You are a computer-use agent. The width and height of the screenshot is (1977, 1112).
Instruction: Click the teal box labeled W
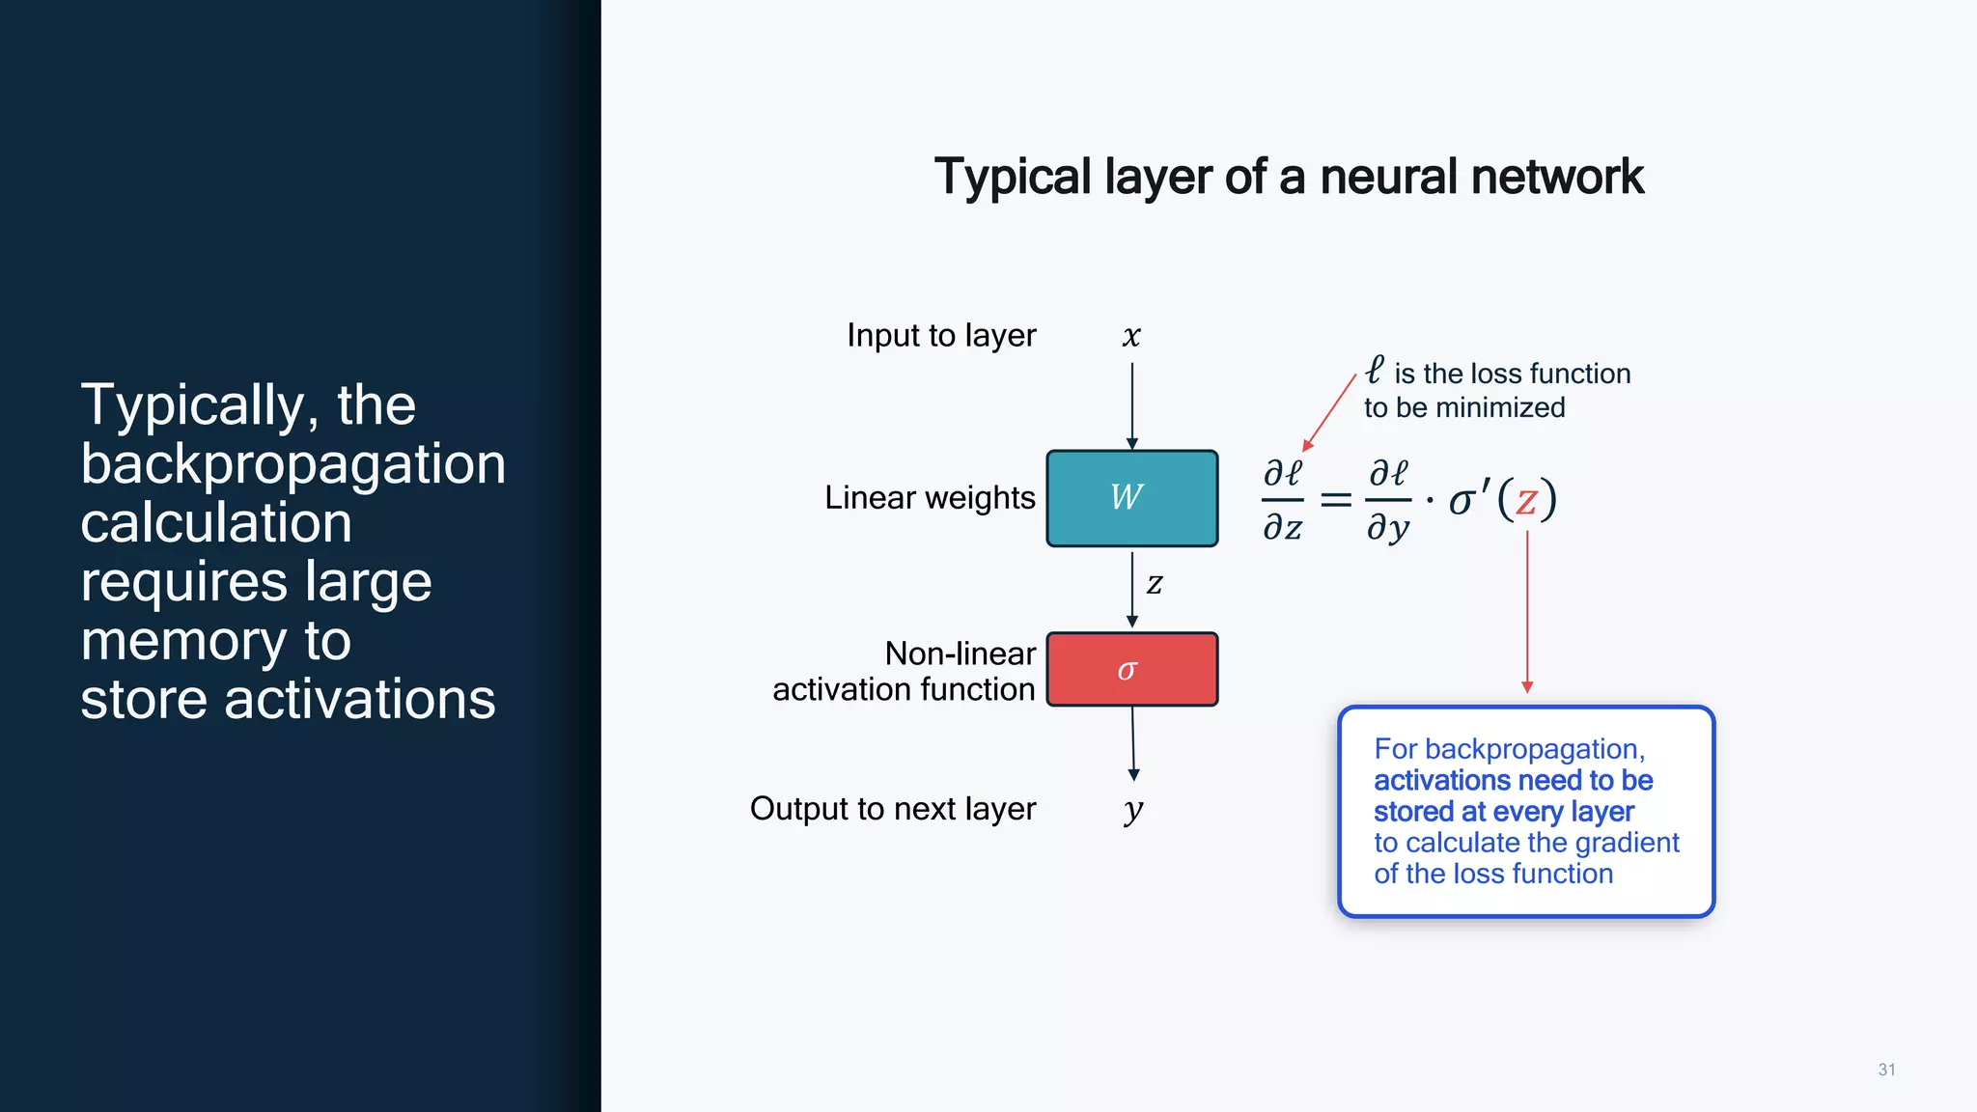tap(1131, 498)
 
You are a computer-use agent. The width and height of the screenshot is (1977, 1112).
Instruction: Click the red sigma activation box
tap(1131, 669)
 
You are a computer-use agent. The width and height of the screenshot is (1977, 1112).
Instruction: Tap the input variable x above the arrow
tap(1131, 336)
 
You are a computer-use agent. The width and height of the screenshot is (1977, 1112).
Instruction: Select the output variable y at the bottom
tap(1133, 809)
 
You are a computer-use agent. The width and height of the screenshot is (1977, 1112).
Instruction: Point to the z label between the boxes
tap(1155, 583)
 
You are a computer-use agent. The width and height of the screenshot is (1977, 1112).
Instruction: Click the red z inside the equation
tap(1526, 500)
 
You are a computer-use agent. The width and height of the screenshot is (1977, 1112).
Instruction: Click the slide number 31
tap(1886, 1070)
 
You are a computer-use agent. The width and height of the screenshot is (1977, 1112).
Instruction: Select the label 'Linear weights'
tap(929, 498)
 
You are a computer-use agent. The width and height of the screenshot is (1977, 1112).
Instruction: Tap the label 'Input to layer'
tap(940, 336)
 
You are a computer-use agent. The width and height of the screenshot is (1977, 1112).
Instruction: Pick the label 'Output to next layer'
tap(892, 809)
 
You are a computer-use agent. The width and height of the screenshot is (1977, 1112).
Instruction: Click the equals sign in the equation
tap(1335, 500)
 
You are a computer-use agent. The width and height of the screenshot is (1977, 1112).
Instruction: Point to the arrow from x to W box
tap(1131, 405)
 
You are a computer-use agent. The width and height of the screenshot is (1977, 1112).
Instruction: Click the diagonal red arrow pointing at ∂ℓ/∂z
tap(1329, 412)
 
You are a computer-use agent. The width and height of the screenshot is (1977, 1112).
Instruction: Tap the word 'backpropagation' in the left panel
tap(292, 464)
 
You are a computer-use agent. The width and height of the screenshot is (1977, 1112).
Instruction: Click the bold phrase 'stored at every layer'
tap(1503, 812)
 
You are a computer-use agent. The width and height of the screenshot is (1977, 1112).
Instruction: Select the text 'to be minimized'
tap(1463, 408)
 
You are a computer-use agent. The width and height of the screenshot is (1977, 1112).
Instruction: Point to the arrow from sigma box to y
tap(1133, 742)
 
